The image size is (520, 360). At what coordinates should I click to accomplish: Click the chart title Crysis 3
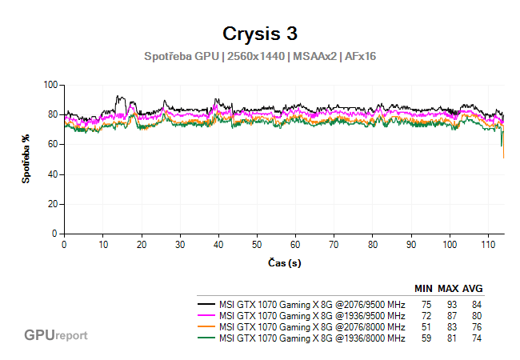coord(259,34)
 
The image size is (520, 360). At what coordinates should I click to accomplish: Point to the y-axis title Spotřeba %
coord(26,159)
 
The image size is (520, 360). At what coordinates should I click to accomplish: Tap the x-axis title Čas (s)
coord(284,262)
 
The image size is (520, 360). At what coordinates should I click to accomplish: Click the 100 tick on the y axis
coord(50,85)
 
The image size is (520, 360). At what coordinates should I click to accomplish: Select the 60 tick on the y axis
coord(52,144)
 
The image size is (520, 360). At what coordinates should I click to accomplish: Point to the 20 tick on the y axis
coord(52,204)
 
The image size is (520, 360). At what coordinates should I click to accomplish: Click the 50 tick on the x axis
coord(257,244)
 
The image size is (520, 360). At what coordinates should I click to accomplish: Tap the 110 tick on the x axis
coord(488,244)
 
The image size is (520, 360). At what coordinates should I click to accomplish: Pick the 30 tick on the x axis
coord(180,244)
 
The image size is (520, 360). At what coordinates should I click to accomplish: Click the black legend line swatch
coord(206,306)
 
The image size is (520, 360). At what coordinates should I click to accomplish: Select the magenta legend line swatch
coord(206,316)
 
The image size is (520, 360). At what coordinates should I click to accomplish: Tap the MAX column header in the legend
coord(448,289)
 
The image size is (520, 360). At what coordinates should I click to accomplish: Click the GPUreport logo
coord(56,335)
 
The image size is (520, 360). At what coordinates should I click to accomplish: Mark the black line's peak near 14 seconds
coord(118,97)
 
